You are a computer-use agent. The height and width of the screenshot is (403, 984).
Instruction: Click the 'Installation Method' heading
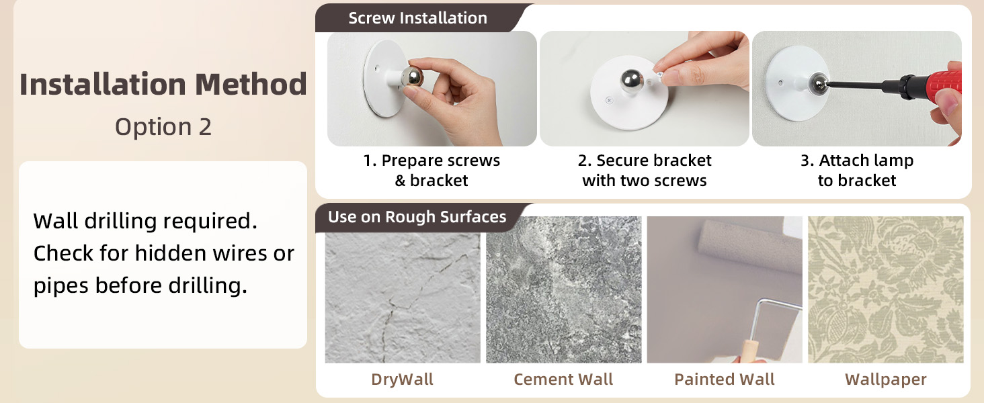point(163,84)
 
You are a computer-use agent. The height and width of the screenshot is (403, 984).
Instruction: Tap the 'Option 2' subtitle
point(163,128)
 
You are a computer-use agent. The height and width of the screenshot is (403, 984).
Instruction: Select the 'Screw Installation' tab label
point(418,18)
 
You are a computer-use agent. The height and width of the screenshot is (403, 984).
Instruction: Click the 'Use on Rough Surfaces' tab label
point(417,217)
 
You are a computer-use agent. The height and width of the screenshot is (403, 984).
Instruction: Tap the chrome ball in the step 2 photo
point(631,81)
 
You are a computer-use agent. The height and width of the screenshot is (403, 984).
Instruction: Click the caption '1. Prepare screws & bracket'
point(432,171)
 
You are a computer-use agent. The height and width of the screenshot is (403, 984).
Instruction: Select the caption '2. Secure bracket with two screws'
point(645,171)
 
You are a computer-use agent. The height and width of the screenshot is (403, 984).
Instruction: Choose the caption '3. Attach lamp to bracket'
point(857,171)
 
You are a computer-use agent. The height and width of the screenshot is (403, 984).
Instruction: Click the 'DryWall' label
point(402,379)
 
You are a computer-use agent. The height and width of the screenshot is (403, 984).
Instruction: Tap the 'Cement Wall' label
point(563,379)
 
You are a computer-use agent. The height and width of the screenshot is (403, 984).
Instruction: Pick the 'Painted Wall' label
point(725,379)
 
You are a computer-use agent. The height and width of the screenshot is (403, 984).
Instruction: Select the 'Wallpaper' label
point(886,379)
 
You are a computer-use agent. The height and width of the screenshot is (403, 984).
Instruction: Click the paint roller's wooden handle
point(753,351)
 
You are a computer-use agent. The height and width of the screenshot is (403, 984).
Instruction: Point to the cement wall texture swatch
point(564,289)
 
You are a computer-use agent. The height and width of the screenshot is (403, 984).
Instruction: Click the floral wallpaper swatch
point(886,289)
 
